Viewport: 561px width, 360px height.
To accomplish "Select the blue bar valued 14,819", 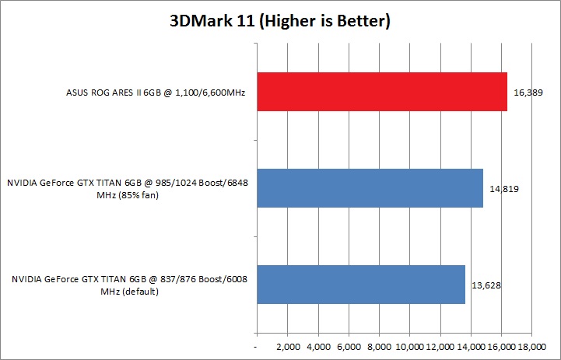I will [370, 188].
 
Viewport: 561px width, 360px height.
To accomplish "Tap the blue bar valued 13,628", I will [360, 285].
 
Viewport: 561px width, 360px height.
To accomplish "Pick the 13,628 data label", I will [486, 285].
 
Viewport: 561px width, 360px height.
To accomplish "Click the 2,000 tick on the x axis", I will [288, 344].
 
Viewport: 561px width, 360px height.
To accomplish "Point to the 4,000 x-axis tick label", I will [318, 344].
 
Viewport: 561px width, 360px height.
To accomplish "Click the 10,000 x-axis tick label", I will [409, 344].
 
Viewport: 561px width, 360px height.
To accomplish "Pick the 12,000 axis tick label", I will [440, 344].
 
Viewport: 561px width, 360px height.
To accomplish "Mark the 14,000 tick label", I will [471, 344].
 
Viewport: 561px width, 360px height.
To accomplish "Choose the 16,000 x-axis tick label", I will [501, 344].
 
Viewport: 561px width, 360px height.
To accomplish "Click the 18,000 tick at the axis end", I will [532, 344].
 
